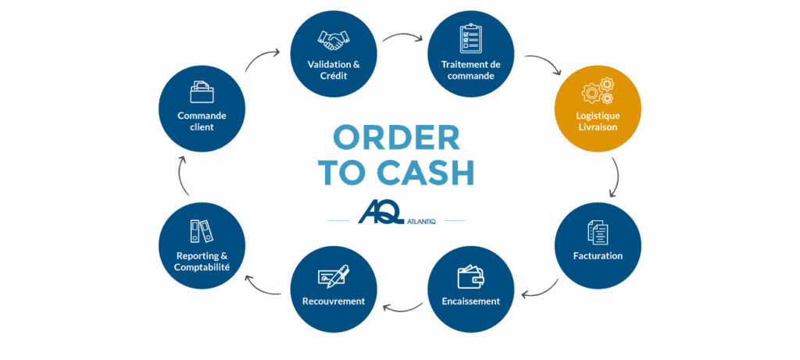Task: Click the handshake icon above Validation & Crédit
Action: coord(334,39)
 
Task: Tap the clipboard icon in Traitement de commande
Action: coord(470,39)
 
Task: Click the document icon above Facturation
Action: coord(597,232)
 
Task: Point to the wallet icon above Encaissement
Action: coord(470,277)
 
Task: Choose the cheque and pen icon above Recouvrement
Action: coord(333,276)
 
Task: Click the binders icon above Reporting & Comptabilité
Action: coord(201,231)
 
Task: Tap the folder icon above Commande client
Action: coord(202,93)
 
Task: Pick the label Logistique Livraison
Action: coord(597,122)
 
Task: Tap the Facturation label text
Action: coord(597,255)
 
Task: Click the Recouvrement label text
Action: coord(333,301)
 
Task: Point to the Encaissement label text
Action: coord(470,301)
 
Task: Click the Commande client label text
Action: coord(202,121)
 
